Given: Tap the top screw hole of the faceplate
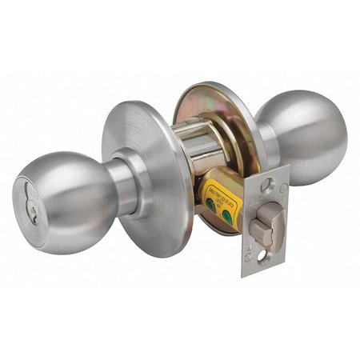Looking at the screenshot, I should (268, 184).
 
